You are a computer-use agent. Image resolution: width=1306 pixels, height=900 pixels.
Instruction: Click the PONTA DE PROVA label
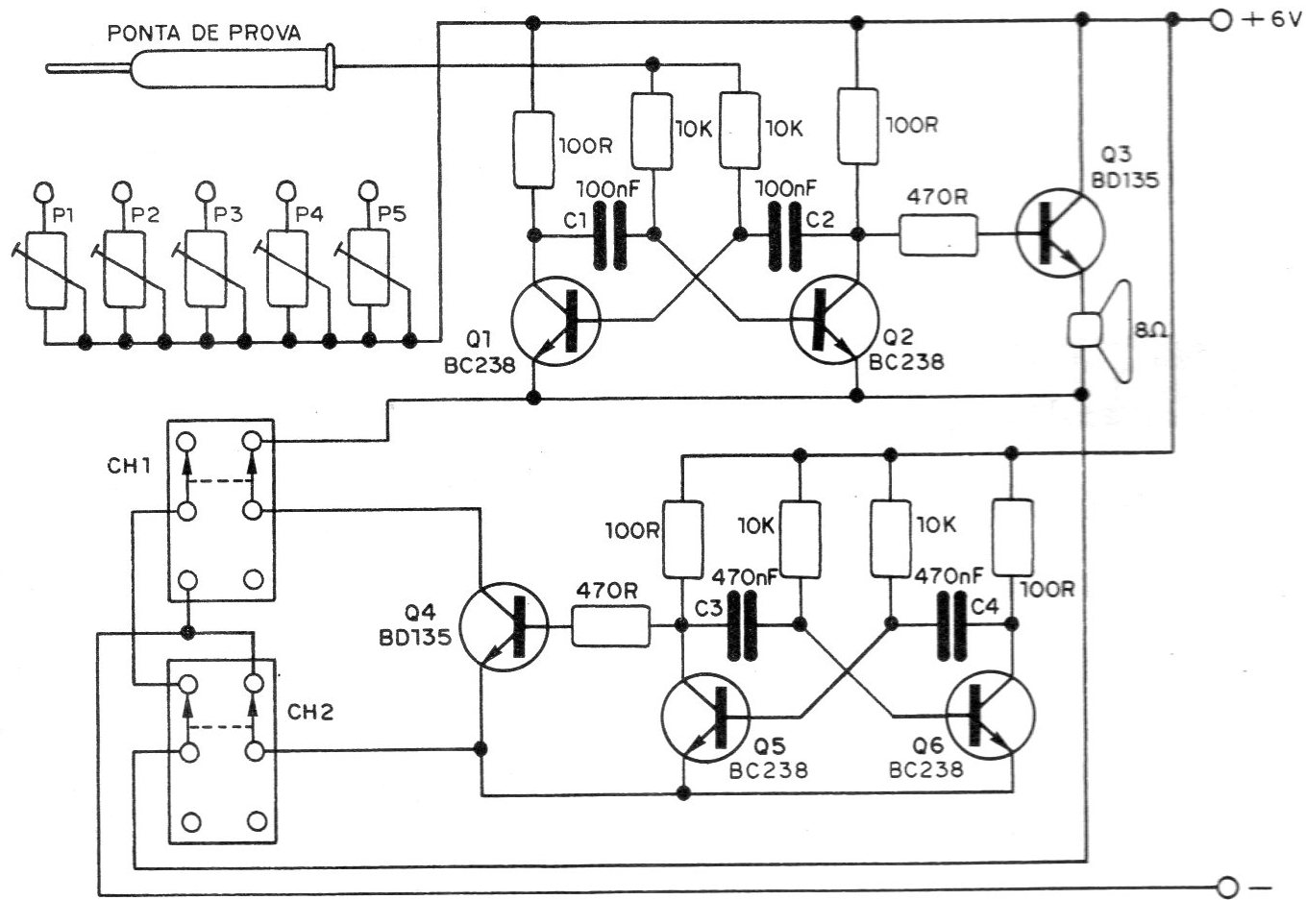coord(204,34)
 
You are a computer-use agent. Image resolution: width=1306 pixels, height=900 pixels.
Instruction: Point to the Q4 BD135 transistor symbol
coord(503,629)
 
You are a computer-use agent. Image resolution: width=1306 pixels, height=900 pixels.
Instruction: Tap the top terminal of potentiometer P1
coord(45,192)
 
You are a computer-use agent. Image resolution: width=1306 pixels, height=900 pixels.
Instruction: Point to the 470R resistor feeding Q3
coord(939,236)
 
